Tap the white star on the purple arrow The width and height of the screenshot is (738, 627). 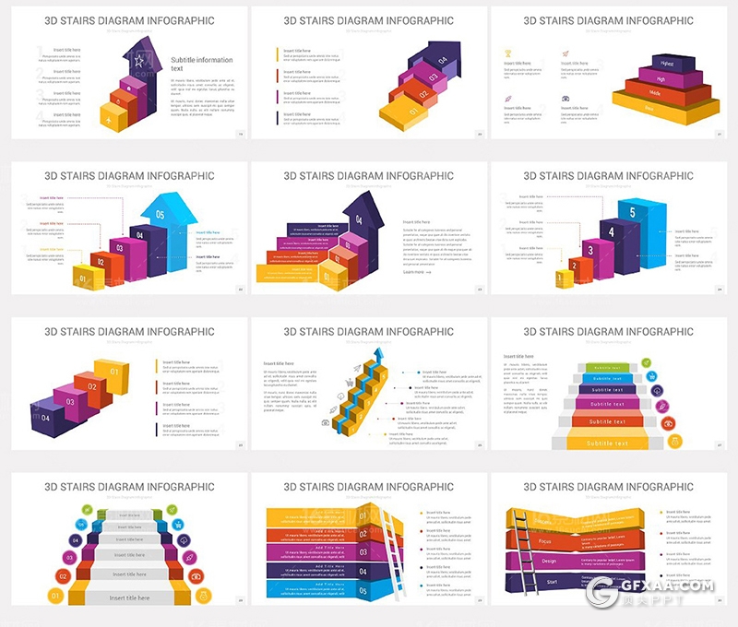coord(138,61)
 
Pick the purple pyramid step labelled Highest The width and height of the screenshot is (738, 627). coord(665,64)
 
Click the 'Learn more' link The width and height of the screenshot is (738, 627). coord(415,272)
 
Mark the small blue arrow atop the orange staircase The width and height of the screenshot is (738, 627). coord(378,356)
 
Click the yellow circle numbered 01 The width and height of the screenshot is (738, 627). coord(54,597)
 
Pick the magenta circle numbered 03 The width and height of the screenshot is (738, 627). coord(68,557)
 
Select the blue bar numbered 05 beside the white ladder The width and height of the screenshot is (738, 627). coord(362,590)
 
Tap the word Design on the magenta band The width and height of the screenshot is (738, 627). coord(549,561)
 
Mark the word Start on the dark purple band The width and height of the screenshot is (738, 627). coord(551,582)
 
